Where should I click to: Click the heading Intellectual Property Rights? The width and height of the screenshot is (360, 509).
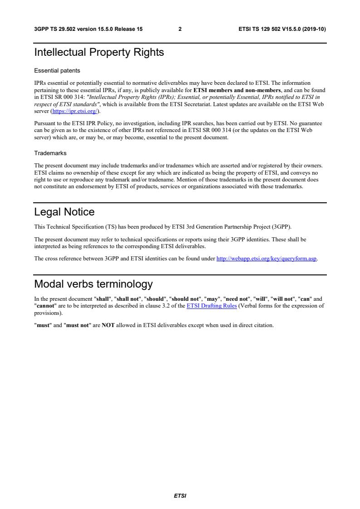click(x=99, y=53)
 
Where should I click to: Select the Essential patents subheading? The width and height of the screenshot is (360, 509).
click(x=57, y=71)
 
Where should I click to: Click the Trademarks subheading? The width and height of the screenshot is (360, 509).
click(x=50, y=153)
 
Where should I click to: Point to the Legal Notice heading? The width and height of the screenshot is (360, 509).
click(x=64, y=212)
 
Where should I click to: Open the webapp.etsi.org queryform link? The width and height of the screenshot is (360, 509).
click(x=266, y=259)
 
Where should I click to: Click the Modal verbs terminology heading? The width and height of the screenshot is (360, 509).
click(x=94, y=284)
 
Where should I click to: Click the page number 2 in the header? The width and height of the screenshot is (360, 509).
click(x=180, y=29)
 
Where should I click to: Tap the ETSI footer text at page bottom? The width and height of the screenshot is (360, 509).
click(x=180, y=496)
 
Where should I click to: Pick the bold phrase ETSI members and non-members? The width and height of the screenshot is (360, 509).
click(x=237, y=90)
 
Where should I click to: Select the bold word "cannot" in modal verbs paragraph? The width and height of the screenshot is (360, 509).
click(x=46, y=306)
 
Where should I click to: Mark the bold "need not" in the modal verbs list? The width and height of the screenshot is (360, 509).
click(x=237, y=299)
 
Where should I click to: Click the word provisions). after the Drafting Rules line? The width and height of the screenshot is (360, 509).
click(x=48, y=313)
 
